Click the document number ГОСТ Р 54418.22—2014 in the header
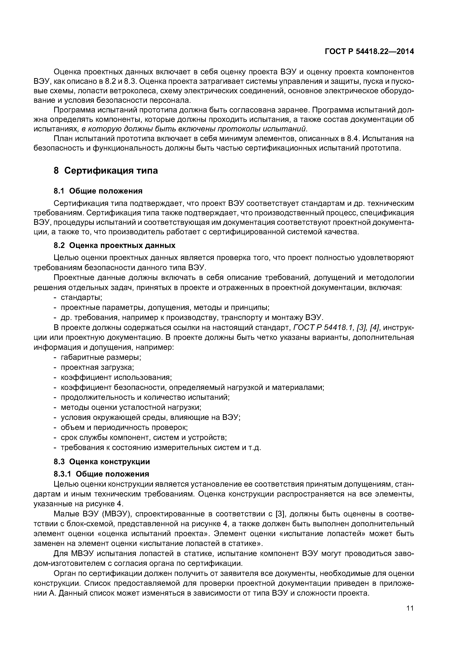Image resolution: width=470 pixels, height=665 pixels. (369, 52)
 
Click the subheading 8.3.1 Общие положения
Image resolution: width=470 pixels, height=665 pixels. (101, 474)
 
